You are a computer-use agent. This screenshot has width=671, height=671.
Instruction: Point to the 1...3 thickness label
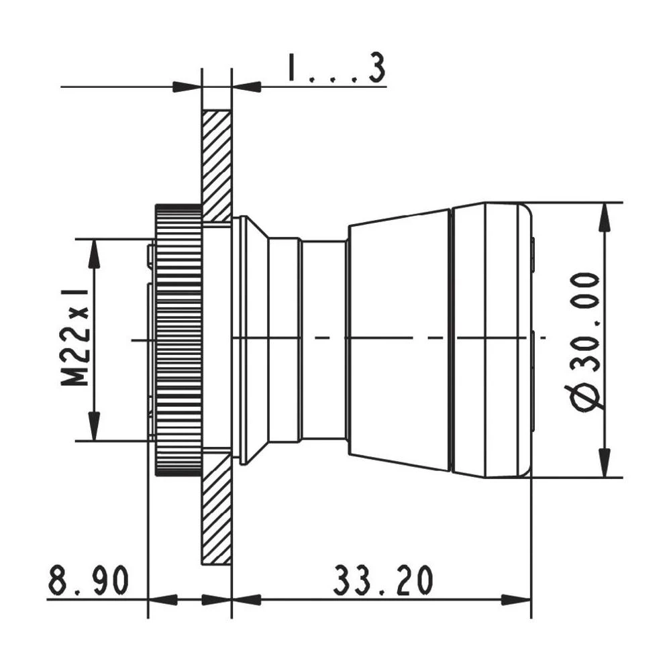tap(337, 69)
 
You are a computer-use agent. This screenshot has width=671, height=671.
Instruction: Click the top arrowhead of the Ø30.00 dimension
tap(605, 214)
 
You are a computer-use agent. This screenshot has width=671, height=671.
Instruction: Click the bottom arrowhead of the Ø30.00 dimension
tap(605, 466)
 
